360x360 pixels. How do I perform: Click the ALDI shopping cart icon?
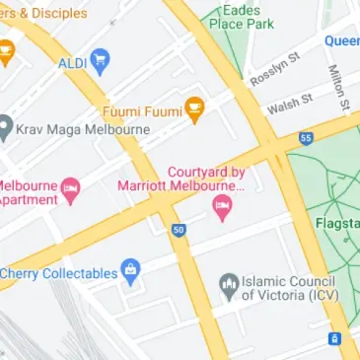pyautogui.click(x=99, y=63)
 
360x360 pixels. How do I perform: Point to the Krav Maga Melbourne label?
pyautogui.click(x=66, y=127)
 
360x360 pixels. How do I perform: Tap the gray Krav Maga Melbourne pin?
pyautogui.click(x=5, y=126)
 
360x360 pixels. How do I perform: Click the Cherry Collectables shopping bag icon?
pyautogui.click(x=130, y=272)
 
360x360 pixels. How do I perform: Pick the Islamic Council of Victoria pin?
pyautogui.click(x=229, y=286)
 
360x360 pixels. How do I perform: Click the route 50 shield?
pyautogui.click(x=178, y=230)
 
